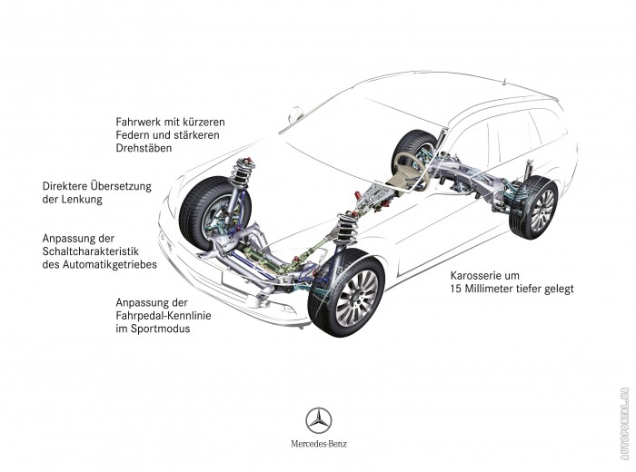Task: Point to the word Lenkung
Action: coord(81,199)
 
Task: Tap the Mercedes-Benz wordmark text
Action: coord(318,445)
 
